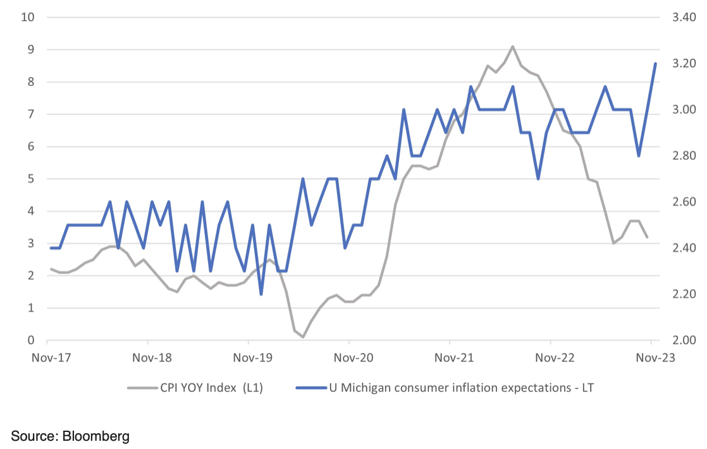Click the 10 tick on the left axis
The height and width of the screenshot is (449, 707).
(x=28, y=16)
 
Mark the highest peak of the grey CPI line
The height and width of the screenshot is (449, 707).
(x=512, y=46)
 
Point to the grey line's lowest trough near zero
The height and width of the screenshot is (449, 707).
(x=303, y=337)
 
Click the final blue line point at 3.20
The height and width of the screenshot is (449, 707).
(x=655, y=63)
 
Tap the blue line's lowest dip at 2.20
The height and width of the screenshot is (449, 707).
(x=261, y=294)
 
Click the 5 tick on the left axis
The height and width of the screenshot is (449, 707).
(x=30, y=178)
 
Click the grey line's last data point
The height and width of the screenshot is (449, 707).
(x=646, y=237)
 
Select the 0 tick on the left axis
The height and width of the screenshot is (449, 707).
(x=30, y=340)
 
